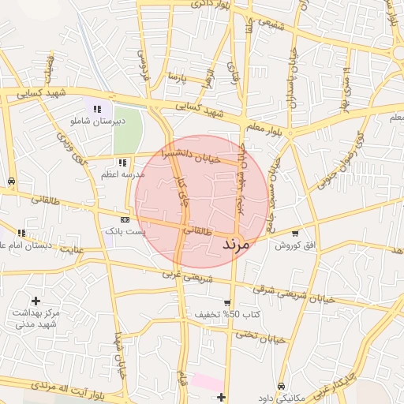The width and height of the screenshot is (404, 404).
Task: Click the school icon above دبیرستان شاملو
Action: pos(96,109)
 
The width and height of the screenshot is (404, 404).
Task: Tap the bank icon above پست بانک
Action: pos(125,219)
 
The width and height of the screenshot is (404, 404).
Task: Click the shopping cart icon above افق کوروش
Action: pos(295,234)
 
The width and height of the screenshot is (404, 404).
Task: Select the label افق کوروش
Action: pos(294,245)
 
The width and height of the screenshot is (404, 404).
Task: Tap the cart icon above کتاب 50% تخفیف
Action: pos(227,302)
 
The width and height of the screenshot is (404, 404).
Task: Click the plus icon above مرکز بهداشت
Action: pos(36,301)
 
